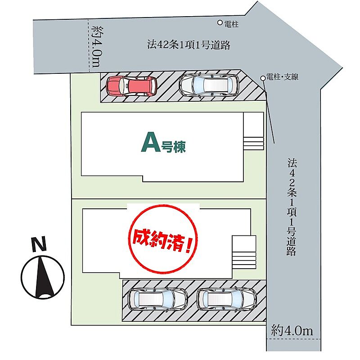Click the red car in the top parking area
131,85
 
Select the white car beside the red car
208,84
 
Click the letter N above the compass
39,245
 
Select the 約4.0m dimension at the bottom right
292,330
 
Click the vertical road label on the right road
291,207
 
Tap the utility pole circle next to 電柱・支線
263,78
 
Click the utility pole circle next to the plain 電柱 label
220,22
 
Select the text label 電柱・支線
282,77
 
